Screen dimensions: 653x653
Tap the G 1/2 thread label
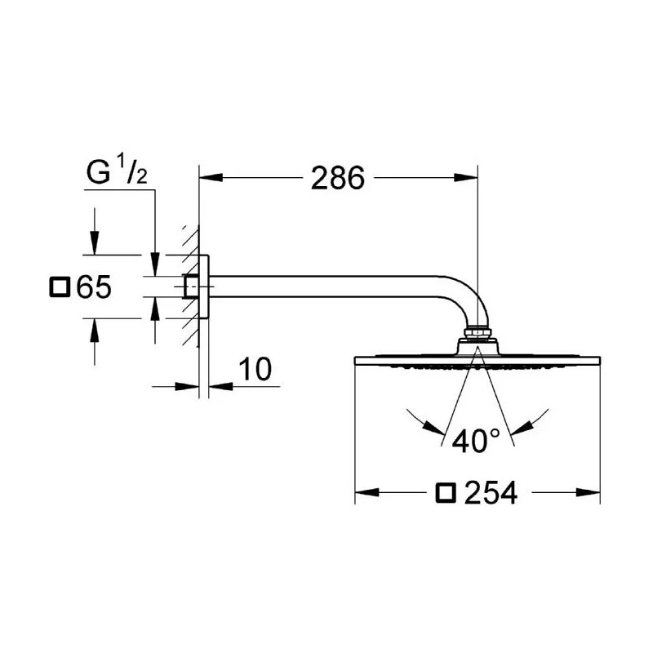pyautogui.click(x=115, y=174)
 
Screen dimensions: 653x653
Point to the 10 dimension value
pyautogui.click(x=255, y=369)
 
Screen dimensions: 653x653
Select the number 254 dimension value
pyautogui.click(x=491, y=492)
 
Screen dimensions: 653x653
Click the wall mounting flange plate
pyautogui.click(x=205, y=287)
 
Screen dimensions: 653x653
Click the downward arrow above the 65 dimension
pyautogui.click(x=96, y=242)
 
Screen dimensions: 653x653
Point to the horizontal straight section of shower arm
pyautogui.click(x=326, y=287)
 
